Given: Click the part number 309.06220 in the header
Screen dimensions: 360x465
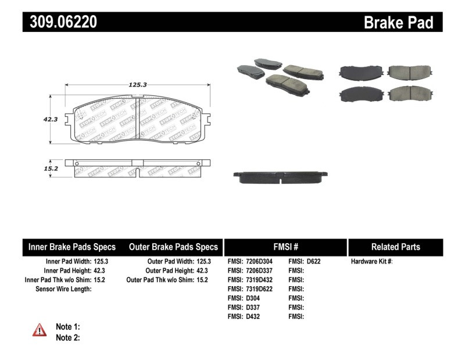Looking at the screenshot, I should pyautogui.click(x=60, y=22).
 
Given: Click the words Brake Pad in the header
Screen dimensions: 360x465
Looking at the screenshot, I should pyautogui.click(x=398, y=22).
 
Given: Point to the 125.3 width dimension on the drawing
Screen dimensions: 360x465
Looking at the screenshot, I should pyautogui.click(x=137, y=85).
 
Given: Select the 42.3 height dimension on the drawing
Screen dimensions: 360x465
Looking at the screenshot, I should pyautogui.click(x=50, y=119).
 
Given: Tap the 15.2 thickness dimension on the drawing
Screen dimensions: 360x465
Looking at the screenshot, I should pyautogui.click(x=51, y=169).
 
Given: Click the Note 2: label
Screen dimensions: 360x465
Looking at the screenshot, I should pyautogui.click(x=67, y=338).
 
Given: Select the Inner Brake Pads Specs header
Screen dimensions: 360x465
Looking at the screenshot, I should pyautogui.click(x=72, y=247).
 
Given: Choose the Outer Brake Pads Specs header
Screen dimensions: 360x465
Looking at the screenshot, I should pyautogui.click(x=173, y=247).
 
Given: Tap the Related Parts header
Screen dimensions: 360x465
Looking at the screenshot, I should pyautogui.click(x=395, y=247).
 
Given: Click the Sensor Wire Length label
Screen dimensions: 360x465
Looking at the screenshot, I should pyautogui.click(x=63, y=289).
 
